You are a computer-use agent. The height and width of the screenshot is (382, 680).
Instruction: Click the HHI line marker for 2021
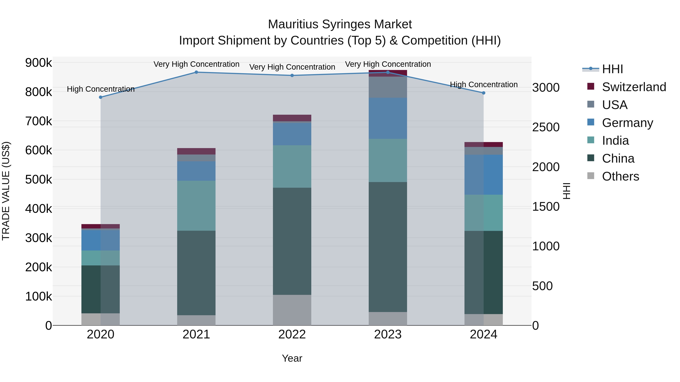196,72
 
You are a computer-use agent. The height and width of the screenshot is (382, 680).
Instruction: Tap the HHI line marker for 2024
483,93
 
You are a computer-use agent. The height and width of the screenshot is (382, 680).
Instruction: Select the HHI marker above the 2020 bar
100,97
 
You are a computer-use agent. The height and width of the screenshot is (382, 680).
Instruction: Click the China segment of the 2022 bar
292,241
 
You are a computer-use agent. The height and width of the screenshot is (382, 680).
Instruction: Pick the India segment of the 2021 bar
196,206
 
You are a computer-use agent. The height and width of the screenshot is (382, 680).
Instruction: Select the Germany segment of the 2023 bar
388,118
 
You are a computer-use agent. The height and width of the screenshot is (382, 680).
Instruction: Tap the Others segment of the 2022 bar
292,310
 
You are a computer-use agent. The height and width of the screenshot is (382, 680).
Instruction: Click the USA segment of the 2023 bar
388,87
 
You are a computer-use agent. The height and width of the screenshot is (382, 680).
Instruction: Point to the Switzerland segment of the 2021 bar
196,151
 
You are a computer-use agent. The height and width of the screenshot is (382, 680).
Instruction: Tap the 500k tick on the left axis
39,180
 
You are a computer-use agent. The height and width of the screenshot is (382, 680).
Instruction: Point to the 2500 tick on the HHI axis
546,127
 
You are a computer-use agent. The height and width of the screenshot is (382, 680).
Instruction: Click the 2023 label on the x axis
388,334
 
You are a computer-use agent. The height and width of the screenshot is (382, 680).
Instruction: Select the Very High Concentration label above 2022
292,67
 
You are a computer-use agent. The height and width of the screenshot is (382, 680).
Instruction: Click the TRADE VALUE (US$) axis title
6,191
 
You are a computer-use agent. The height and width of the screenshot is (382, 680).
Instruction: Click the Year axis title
292,358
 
